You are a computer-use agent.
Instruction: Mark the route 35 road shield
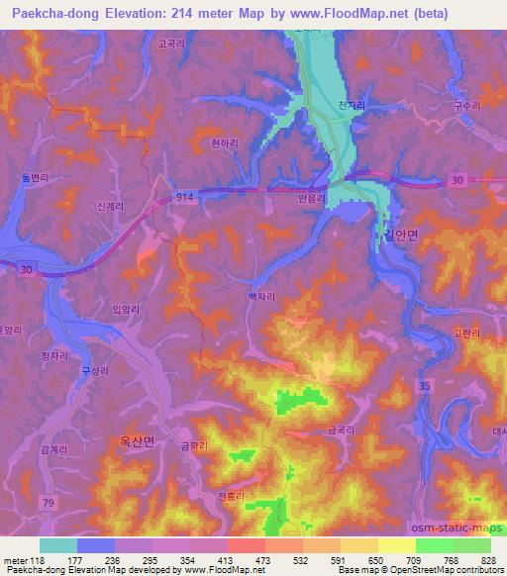point(423,385)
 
